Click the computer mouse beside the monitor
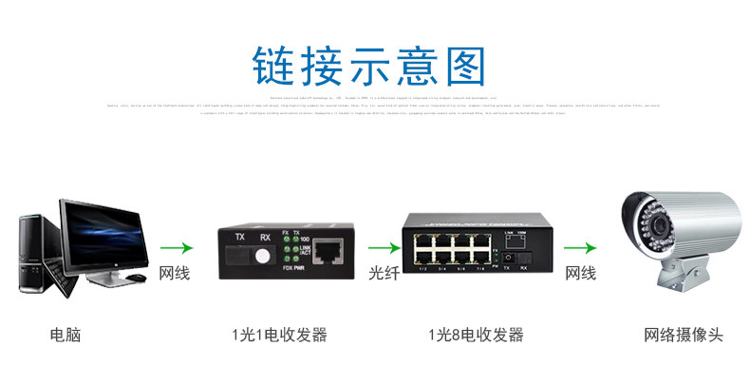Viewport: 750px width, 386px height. click(137, 279)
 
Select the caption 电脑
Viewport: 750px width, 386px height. click(66, 336)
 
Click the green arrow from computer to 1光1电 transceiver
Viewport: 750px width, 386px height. click(177, 249)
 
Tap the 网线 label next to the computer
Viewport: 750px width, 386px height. click(176, 275)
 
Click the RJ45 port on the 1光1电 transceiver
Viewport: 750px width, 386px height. click(328, 252)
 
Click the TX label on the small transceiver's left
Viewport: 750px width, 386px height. click(240, 238)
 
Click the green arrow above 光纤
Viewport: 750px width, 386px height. click(384, 248)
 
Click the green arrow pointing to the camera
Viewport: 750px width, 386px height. click(581, 248)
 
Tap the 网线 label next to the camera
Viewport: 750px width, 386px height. click(581, 274)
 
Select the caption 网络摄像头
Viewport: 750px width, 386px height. click(684, 336)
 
